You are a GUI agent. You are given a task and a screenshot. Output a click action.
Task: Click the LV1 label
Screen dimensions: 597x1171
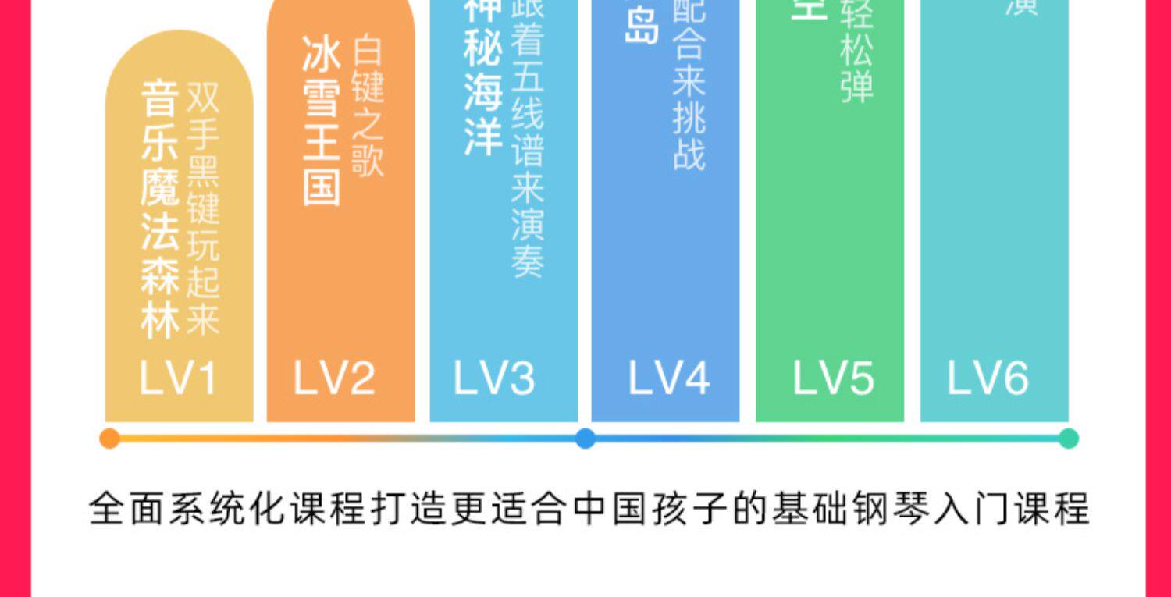point(178,378)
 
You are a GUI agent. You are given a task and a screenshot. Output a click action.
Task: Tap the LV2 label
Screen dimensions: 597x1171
point(334,378)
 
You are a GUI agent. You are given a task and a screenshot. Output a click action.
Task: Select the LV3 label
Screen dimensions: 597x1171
point(494,378)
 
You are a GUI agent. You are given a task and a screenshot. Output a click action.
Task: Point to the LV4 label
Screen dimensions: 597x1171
point(669,378)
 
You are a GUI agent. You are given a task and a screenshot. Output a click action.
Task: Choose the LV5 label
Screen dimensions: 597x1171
point(832,378)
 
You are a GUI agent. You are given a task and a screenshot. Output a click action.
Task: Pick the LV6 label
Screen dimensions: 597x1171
point(988,378)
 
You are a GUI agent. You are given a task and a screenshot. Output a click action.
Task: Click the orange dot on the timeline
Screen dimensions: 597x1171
point(110,439)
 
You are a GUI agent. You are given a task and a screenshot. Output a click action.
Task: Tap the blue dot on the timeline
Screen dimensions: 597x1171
point(585,439)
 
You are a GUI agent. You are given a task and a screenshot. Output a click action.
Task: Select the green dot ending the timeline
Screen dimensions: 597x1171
point(1069,439)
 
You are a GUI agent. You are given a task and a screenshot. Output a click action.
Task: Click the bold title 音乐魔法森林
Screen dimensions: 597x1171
point(160,211)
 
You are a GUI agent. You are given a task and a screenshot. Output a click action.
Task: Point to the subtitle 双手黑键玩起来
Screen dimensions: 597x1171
point(203,209)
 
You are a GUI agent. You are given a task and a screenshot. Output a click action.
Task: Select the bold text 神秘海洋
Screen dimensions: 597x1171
point(482,78)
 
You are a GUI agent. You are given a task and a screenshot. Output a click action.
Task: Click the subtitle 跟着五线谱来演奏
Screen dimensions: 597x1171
point(527,140)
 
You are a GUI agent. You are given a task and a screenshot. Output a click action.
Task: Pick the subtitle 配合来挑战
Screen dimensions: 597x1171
point(689,86)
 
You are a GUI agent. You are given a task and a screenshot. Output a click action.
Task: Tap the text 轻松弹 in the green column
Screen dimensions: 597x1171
point(856,55)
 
